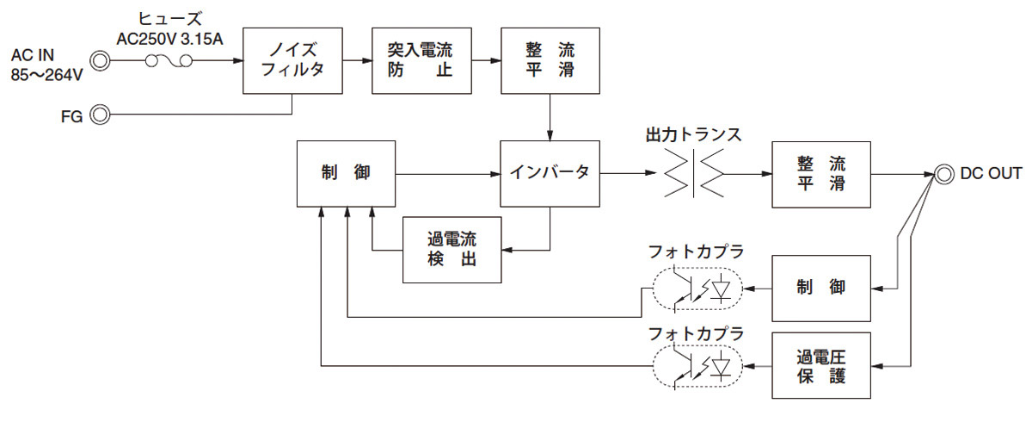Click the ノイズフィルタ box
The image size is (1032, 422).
tap(292, 60)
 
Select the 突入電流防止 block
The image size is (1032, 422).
tap(421, 60)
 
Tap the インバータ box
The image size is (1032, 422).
tap(550, 173)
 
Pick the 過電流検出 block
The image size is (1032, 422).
tap(451, 250)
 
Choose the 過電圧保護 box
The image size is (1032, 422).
tap(822, 365)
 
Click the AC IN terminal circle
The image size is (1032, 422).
tap(101, 60)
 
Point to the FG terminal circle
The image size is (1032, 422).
tap(101, 115)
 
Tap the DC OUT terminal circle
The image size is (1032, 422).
tap(943, 173)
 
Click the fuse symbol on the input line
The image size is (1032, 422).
tap(169, 60)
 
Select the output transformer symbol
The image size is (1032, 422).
tap(693, 173)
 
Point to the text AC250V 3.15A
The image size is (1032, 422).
tap(169, 39)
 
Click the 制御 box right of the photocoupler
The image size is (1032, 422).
tap(822, 289)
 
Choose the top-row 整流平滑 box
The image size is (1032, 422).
tap(550, 60)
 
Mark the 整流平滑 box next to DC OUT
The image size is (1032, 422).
tap(822, 173)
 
